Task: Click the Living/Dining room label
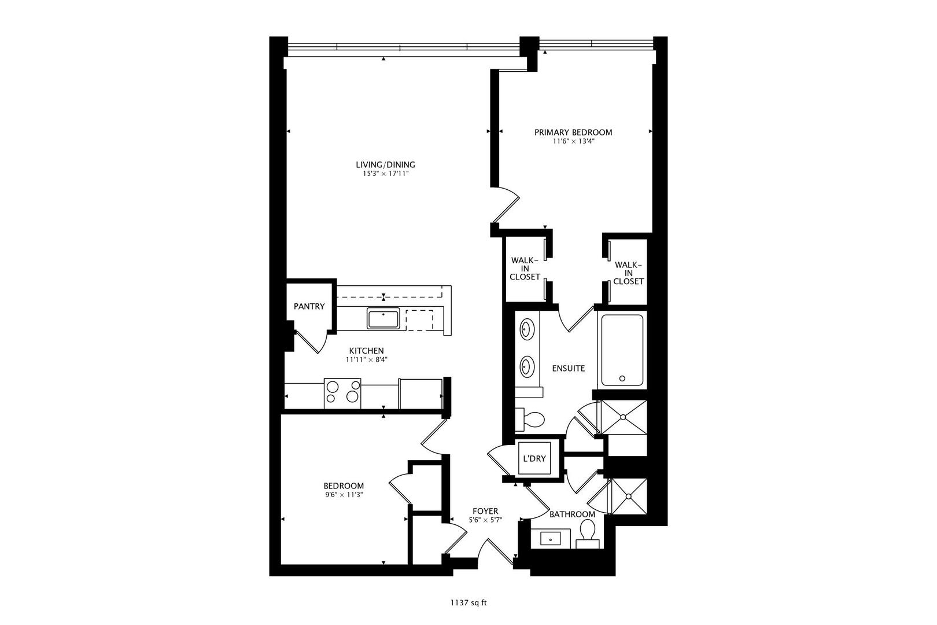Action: [x=385, y=165]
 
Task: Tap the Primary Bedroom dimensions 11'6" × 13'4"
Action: [x=573, y=141]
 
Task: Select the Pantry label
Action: [x=309, y=307]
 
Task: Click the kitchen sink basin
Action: [x=383, y=319]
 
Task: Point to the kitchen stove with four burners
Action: [x=342, y=391]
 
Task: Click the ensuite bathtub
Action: [x=622, y=350]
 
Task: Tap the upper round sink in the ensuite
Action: [x=526, y=331]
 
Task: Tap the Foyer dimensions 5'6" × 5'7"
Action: [x=485, y=520]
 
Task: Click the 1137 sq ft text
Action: [x=468, y=603]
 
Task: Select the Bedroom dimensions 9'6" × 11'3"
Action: [x=344, y=495]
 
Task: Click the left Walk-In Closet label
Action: [x=525, y=269]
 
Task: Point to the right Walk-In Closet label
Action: [x=628, y=273]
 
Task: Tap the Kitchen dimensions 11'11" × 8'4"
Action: [x=366, y=359]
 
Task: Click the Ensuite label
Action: [x=568, y=369]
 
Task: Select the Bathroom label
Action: [x=572, y=514]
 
